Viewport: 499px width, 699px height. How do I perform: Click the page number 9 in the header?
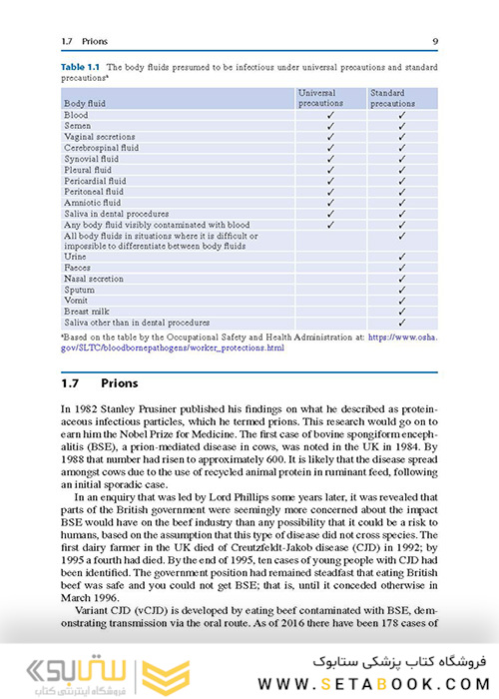[434, 41]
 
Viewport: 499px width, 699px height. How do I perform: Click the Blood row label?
[76, 115]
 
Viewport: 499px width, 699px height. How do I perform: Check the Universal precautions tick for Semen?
[330, 126]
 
